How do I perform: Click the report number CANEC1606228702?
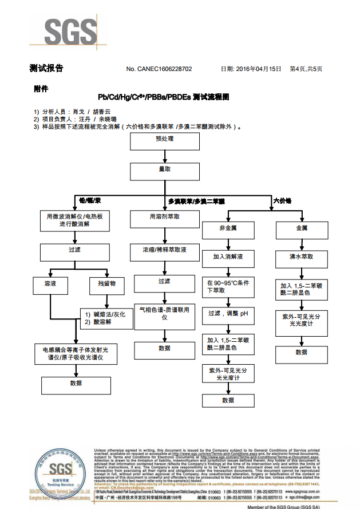pyautogui.click(x=165, y=69)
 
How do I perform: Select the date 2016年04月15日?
pyautogui.click(x=258, y=69)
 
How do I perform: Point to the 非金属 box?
pyautogui.click(x=228, y=228)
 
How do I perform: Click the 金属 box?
pyautogui.click(x=302, y=228)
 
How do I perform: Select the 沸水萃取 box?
pyautogui.click(x=302, y=257)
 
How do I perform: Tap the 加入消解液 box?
pyautogui.click(x=228, y=257)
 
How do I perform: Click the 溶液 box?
pyautogui.click(x=50, y=284)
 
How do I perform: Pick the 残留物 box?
pyautogui.click(x=107, y=284)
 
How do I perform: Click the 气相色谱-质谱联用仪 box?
pyautogui.click(x=165, y=314)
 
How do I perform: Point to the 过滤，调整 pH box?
pyautogui.click(x=228, y=314)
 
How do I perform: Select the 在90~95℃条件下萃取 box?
pyautogui.click(x=228, y=286)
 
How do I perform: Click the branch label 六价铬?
pyautogui.click(x=282, y=201)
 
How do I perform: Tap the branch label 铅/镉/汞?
pyautogui.click(x=90, y=201)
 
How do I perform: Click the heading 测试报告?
pyautogui.click(x=46, y=69)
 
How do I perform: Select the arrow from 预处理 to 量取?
pyautogui.click(x=165, y=155)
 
